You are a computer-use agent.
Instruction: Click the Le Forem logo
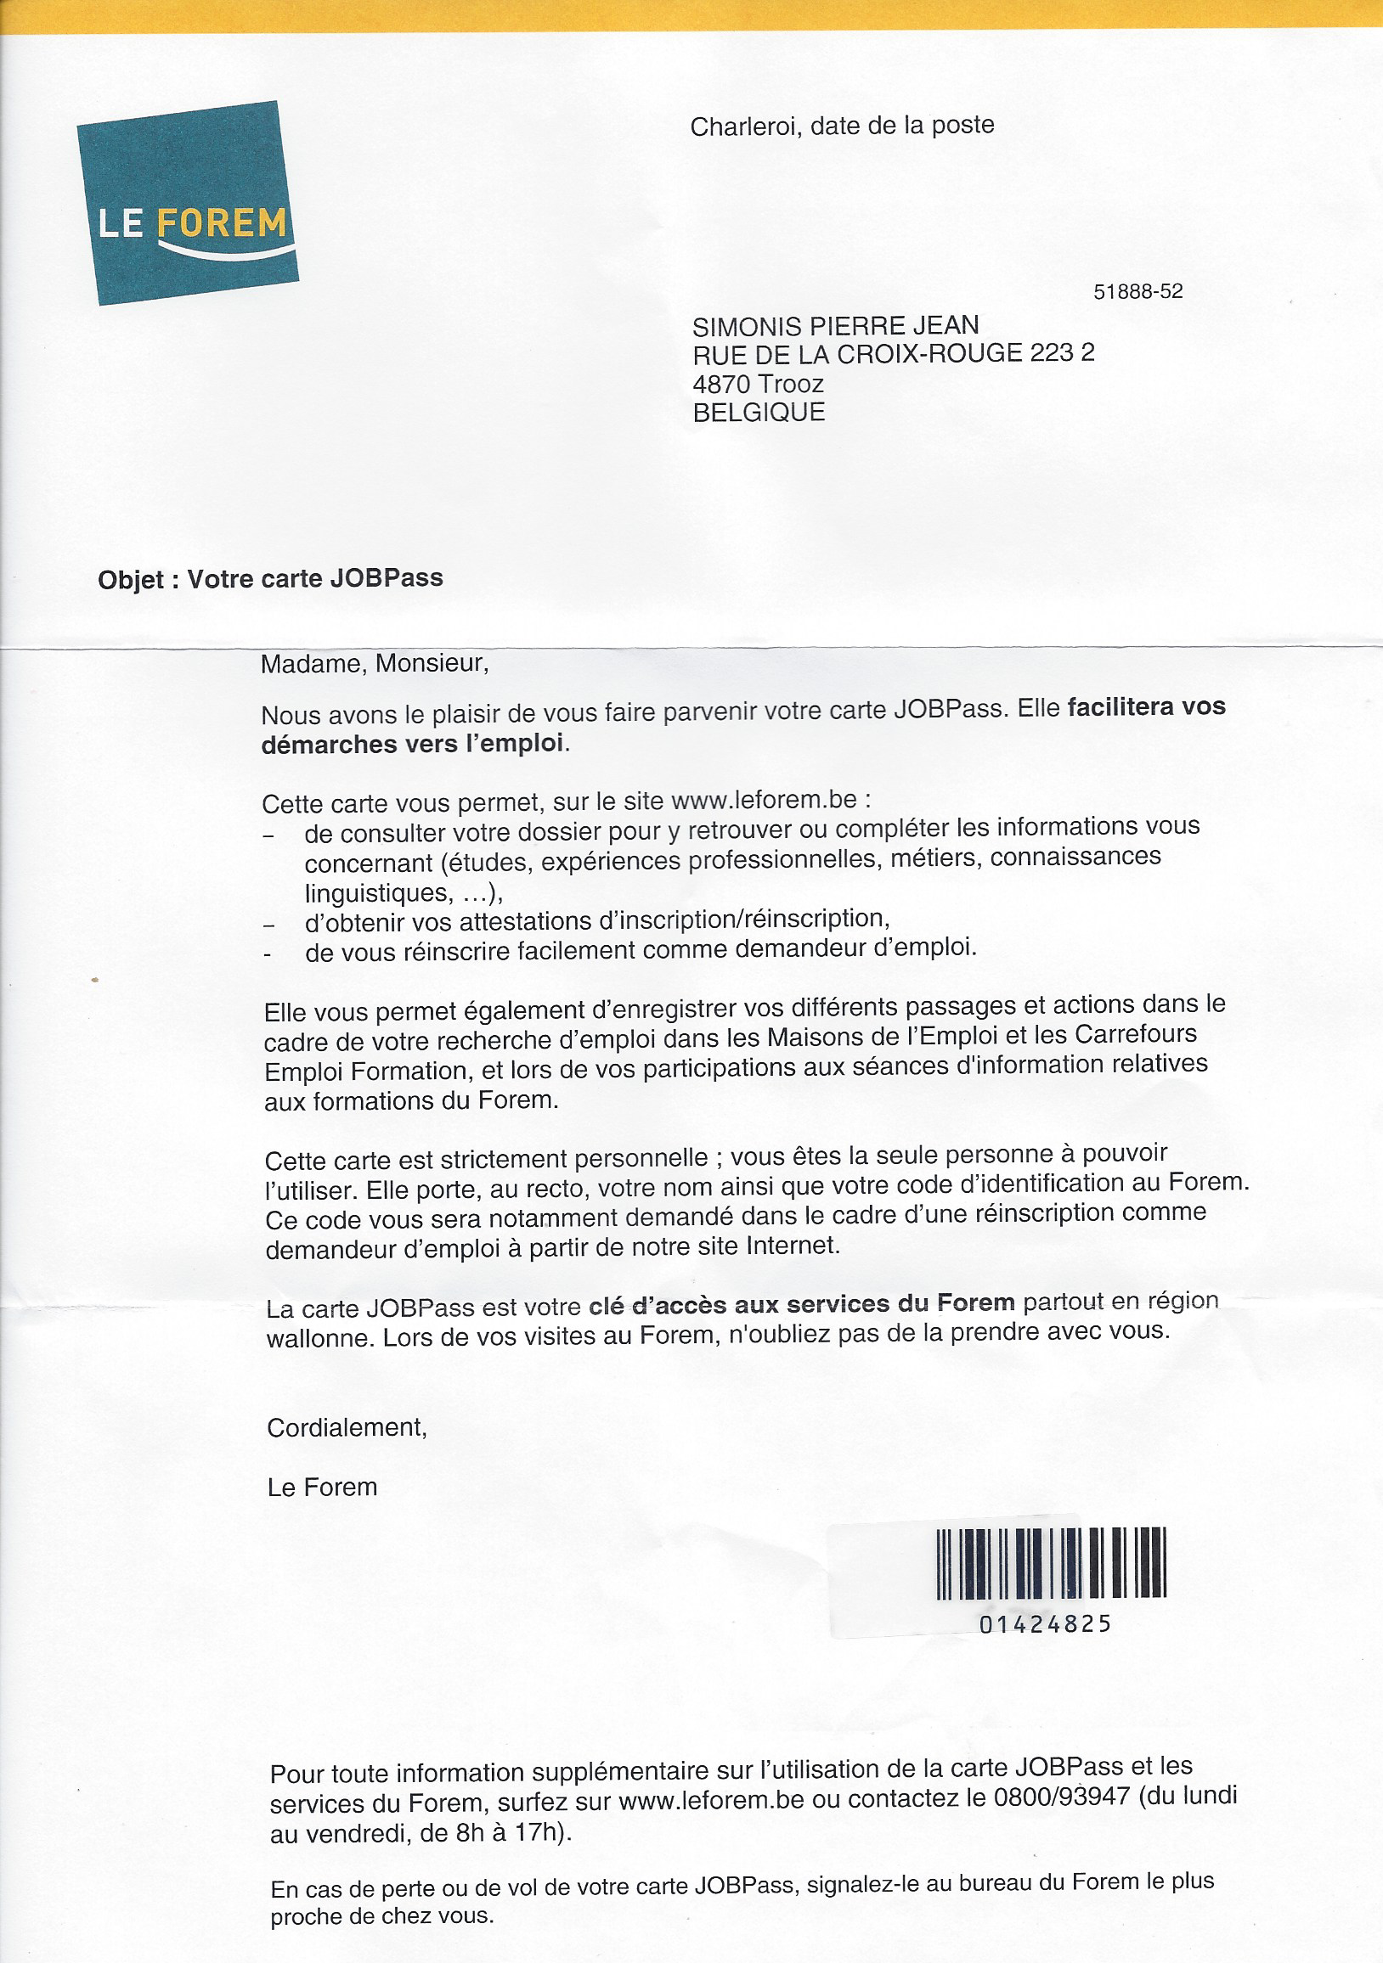click(188, 204)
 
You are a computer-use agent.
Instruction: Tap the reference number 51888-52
click(1137, 291)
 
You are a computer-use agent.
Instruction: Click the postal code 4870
click(721, 384)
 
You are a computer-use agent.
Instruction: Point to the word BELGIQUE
click(759, 413)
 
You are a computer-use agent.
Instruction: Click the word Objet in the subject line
click(130, 581)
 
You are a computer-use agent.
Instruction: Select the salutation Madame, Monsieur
click(375, 663)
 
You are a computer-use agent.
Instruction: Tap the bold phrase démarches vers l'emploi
click(412, 744)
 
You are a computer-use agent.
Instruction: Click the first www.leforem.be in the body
click(764, 801)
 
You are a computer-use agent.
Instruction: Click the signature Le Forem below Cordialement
click(322, 1488)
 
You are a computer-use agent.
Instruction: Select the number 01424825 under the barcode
click(1044, 1623)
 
